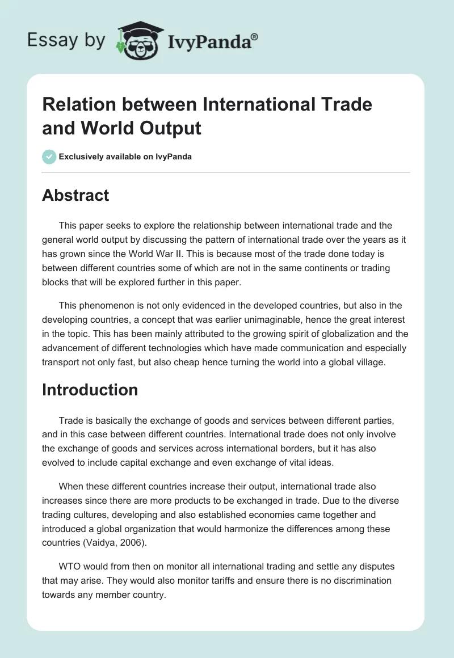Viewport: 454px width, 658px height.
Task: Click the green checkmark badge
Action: [x=49, y=157]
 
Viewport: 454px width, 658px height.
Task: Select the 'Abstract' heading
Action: [x=75, y=195]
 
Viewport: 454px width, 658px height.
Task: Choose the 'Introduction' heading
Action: [x=90, y=390]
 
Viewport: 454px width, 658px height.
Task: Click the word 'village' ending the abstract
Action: [x=371, y=361]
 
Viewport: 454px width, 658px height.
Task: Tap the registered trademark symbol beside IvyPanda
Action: [x=255, y=37]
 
